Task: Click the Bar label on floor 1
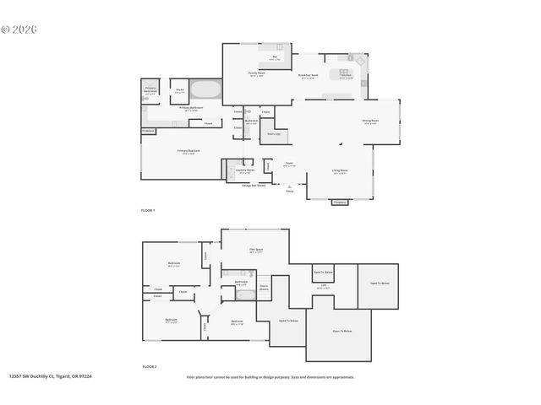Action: (275, 58)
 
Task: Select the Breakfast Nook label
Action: (309, 75)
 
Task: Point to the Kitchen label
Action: (346, 75)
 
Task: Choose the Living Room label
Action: (340, 171)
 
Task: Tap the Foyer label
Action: (289, 165)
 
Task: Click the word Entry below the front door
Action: (290, 192)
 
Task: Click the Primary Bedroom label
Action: (187, 152)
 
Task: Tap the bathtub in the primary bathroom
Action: (205, 89)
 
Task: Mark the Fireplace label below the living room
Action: (340, 202)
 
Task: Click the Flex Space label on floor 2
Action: (256, 250)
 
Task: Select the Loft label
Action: (323, 285)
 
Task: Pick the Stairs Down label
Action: (265, 287)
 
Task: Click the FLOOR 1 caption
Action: (148, 209)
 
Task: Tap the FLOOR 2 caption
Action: (149, 367)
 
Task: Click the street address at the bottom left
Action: (50, 377)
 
